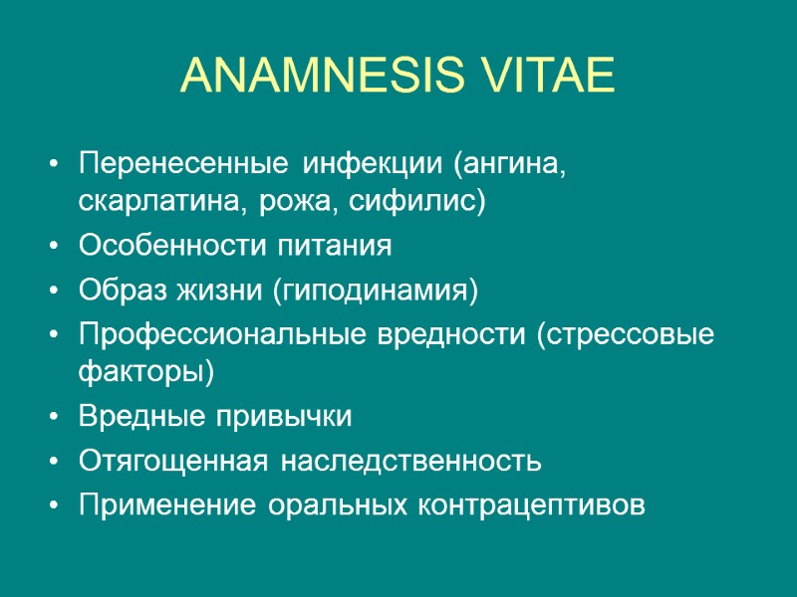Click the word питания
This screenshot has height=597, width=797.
pyautogui.click(x=336, y=247)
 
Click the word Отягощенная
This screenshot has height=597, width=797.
pyautogui.click(x=172, y=462)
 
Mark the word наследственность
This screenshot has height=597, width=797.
pyautogui.click(x=410, y=462)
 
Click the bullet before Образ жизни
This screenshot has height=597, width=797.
pyautogui.click(x=51, y=291)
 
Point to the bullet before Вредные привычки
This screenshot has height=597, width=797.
pyautogui.click(x=51, y=418)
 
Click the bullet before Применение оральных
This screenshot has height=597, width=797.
pyautogui.click(x=51, y=505)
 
